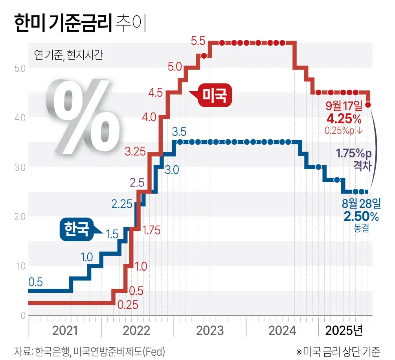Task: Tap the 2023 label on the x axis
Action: pos(209,330)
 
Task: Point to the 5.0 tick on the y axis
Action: pos(20,68)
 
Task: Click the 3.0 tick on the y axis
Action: pos(20,167)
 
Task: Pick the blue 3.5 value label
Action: pos(179,131)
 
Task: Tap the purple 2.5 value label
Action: pos(137,183)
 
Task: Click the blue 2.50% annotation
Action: pos(361,216)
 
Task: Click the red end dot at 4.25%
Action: pos(368,105)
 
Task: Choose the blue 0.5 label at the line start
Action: pos(35,282)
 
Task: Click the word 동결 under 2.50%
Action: pos(361,228)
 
